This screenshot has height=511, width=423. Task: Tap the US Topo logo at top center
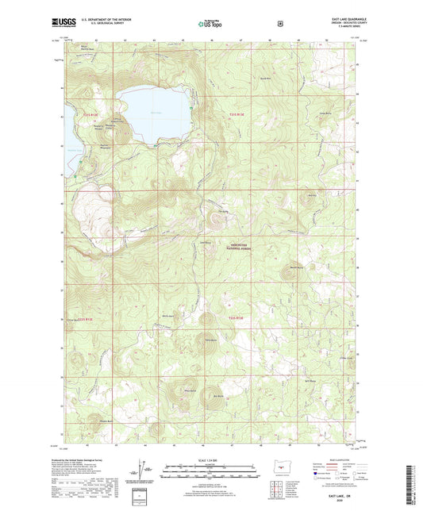211,24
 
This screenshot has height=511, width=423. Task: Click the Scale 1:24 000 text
211,461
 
